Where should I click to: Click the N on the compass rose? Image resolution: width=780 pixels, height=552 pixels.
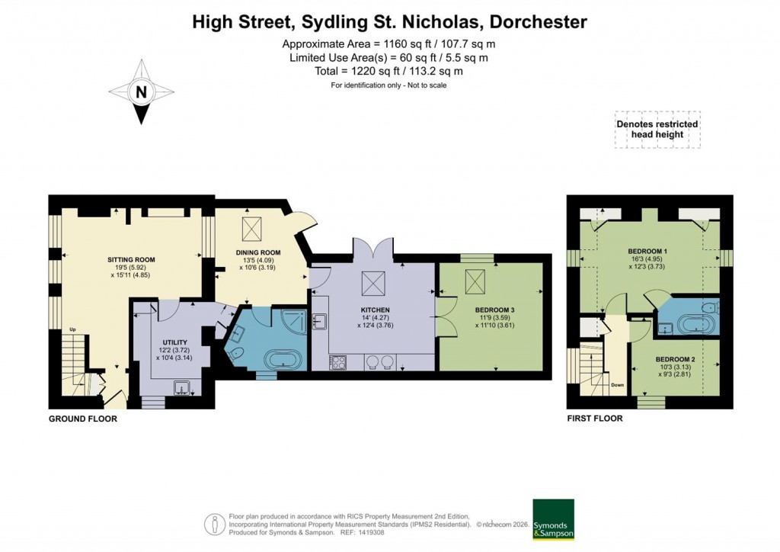140,92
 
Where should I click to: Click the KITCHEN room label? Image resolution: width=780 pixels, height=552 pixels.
375,310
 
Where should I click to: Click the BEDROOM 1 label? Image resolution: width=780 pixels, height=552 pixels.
647,252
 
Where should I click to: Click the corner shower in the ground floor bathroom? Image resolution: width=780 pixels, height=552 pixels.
294,320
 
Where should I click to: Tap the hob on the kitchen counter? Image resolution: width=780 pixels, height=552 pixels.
337,362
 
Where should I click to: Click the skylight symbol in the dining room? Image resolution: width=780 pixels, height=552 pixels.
251,227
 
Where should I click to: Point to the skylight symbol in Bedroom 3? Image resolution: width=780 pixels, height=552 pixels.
475,284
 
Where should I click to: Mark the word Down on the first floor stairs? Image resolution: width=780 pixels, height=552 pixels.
617,385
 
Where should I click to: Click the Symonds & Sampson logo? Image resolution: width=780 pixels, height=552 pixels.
553,519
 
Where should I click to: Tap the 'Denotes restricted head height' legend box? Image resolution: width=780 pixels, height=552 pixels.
657,129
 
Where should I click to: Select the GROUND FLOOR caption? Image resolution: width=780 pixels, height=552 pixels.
83,419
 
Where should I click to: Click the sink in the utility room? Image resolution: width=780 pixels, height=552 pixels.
183,387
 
